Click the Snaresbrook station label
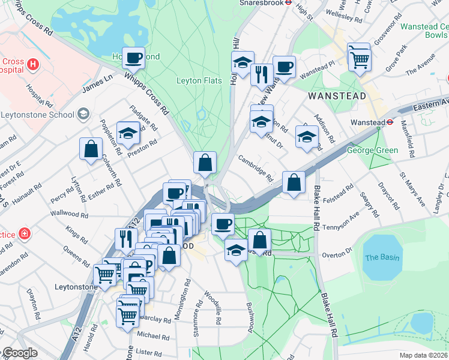[x=261, y=2]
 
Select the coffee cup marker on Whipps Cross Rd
[x=134, y=58]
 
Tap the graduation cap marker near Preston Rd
[x=128, y=133]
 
